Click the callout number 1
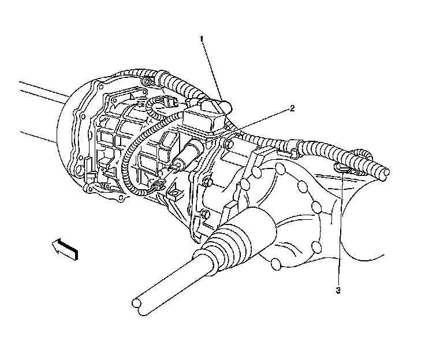202,39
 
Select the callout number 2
292,108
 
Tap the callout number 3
338,291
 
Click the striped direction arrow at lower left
65,249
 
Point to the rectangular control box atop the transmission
204,117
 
